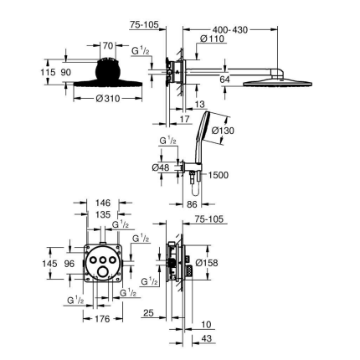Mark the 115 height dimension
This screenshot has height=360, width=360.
click(x=49, y=73)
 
